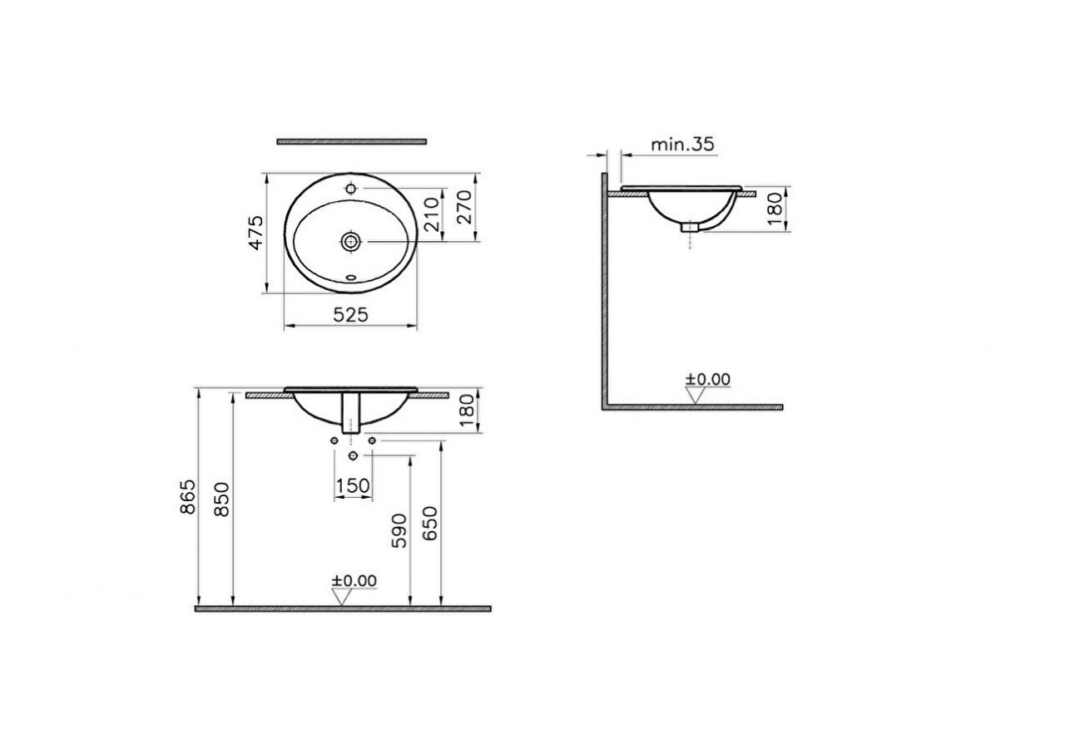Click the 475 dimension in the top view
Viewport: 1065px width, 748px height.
coord(257,233)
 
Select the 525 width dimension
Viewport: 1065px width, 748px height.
coord(350,313)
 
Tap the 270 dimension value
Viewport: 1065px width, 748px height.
coord(464,208)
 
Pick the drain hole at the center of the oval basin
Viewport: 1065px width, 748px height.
coord(350,241)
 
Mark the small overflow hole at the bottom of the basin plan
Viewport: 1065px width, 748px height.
coord(350,278)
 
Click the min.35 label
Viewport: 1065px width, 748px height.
coord(681,144)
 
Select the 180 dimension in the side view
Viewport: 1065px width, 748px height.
coord(774,209)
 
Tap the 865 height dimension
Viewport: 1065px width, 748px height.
coord(188,496)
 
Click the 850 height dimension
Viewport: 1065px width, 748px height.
coord(222,499)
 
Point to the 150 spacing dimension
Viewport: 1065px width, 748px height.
coord(353,485)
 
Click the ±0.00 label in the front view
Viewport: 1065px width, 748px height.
coord(354,580)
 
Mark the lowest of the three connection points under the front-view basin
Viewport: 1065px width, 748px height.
coord(353,456)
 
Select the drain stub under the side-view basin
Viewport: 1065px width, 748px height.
coord(691,225)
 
